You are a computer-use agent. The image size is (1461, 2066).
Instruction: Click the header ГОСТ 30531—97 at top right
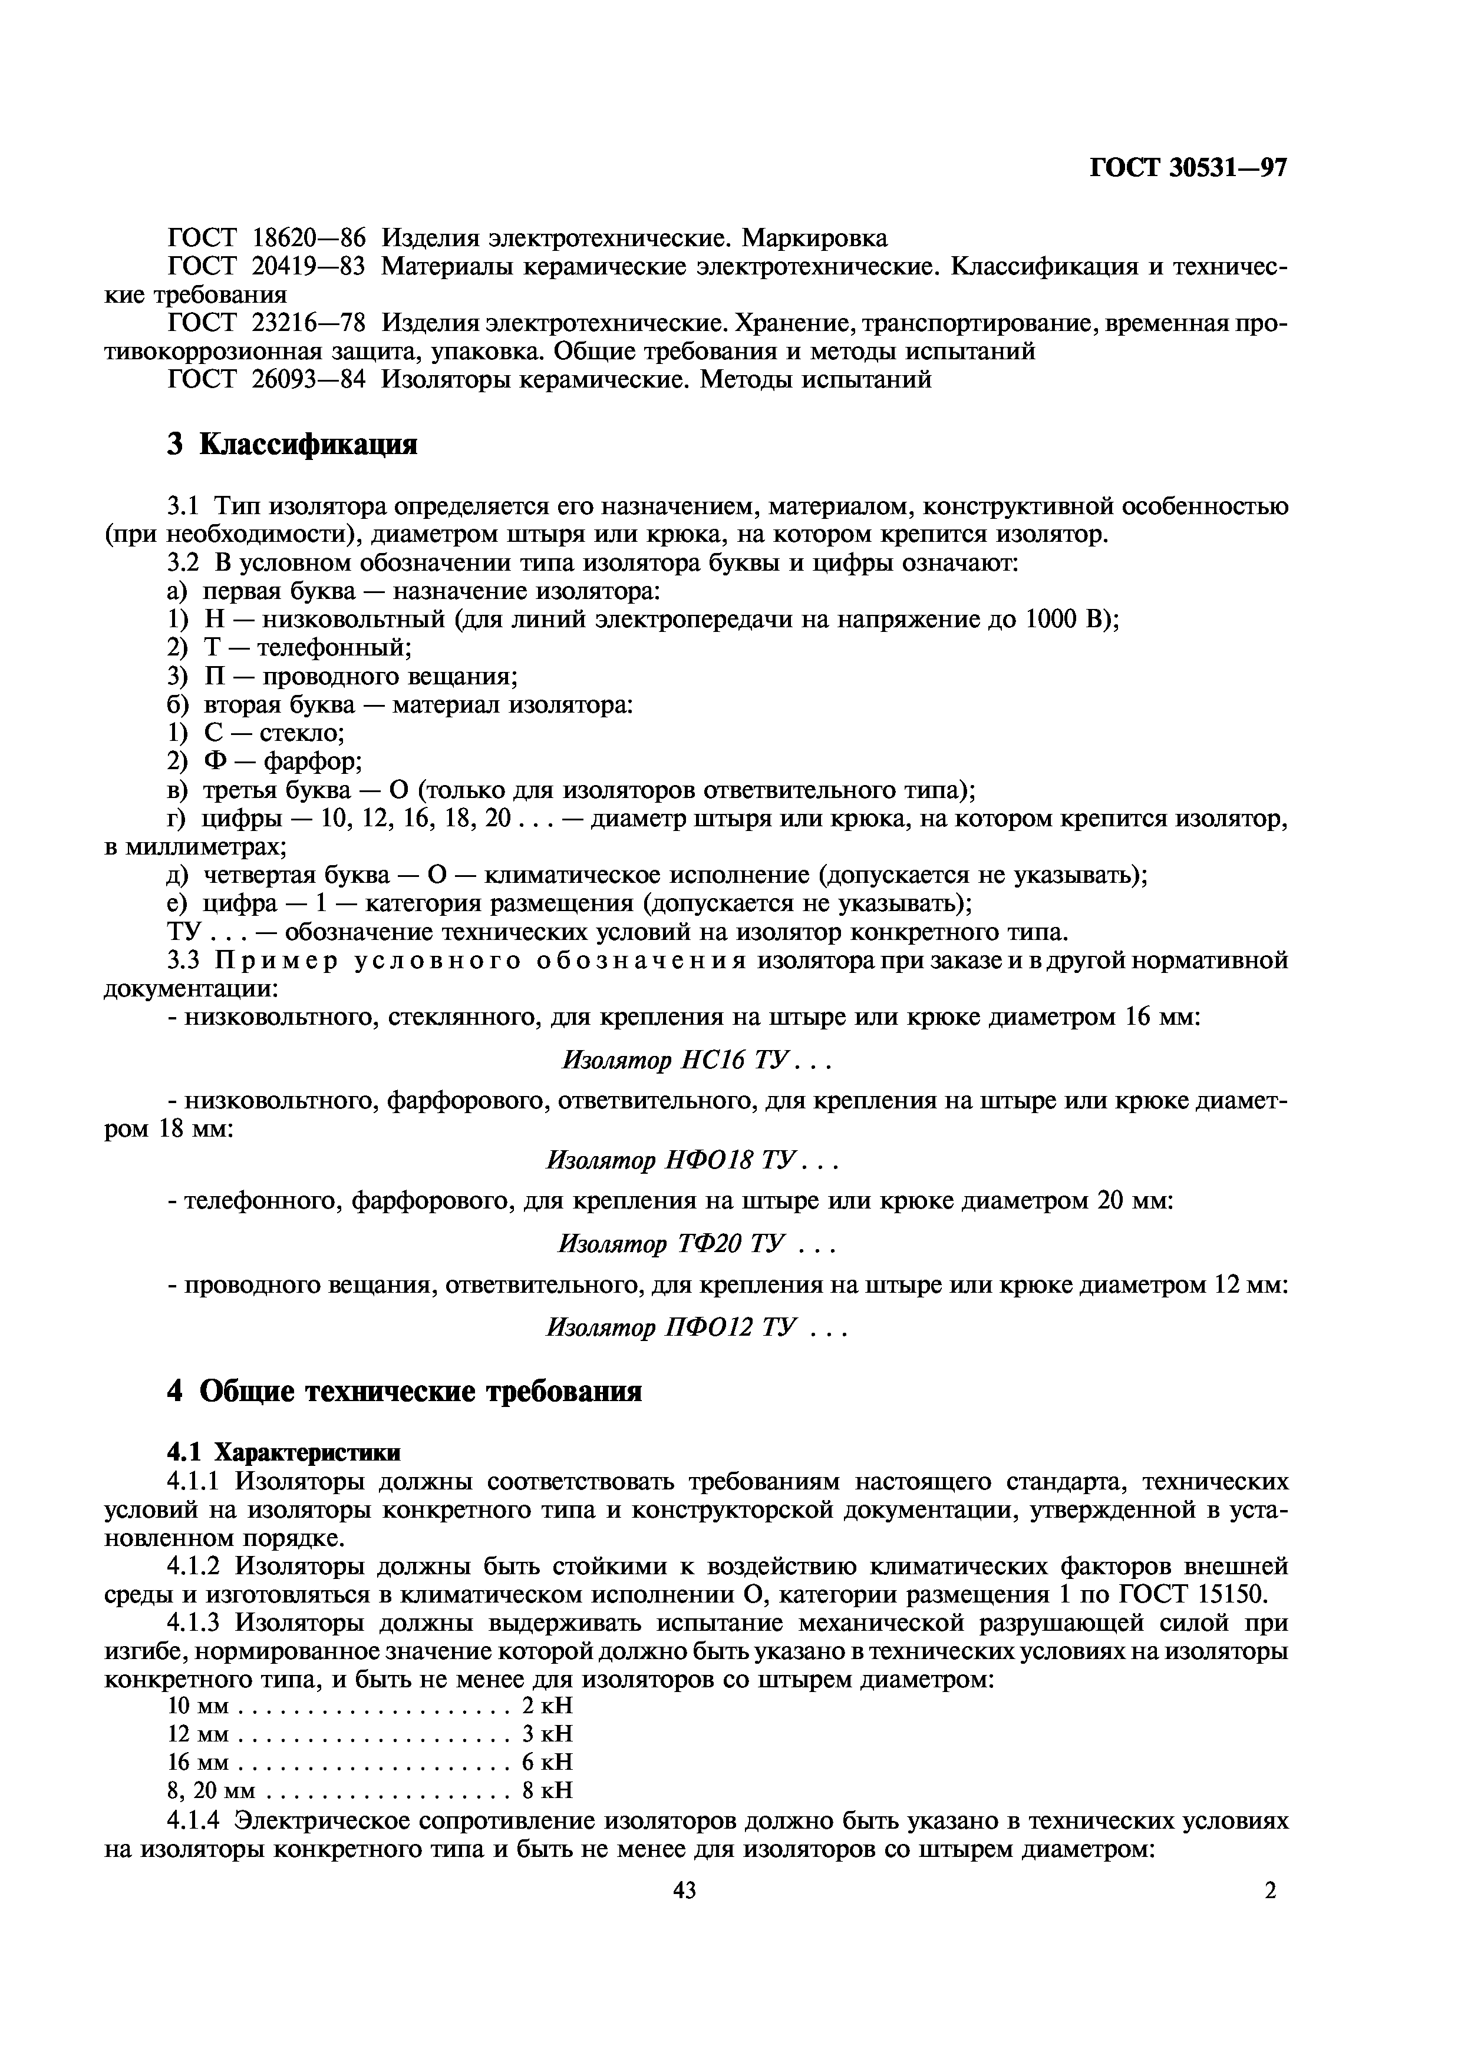coord(1188,168)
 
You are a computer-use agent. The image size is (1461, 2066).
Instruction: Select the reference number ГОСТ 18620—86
coord(268,239)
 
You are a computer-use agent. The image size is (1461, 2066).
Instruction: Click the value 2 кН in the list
coord(548,1705)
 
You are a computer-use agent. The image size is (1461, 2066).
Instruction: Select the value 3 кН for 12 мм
coord(548,1733)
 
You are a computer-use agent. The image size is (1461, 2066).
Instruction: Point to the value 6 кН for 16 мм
coord(548,1762)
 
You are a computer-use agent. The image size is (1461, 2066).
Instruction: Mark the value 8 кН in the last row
coord(548,1790)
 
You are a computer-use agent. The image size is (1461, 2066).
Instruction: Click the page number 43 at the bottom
coord(684,1890)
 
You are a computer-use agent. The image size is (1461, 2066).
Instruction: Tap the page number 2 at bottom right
coord(1270,1890)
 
